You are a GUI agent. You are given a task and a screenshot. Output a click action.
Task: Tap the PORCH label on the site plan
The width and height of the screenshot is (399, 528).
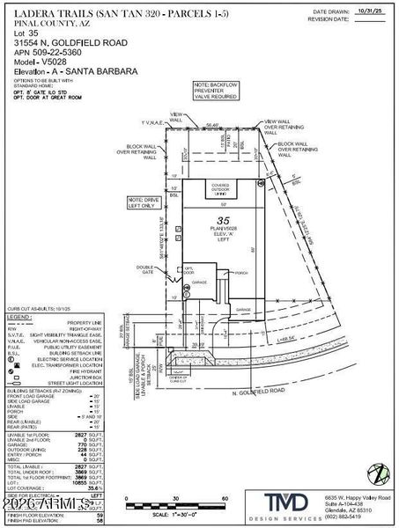[x=240, y=272]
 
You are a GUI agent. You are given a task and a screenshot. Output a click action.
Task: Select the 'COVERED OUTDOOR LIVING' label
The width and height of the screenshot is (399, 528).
[x=219, y=187]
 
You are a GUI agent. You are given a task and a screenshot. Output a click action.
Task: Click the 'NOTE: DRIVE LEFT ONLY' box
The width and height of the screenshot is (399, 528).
[x=146, y=202]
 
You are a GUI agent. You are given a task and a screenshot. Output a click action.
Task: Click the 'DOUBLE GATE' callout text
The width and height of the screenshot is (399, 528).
[x=144, y=269]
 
